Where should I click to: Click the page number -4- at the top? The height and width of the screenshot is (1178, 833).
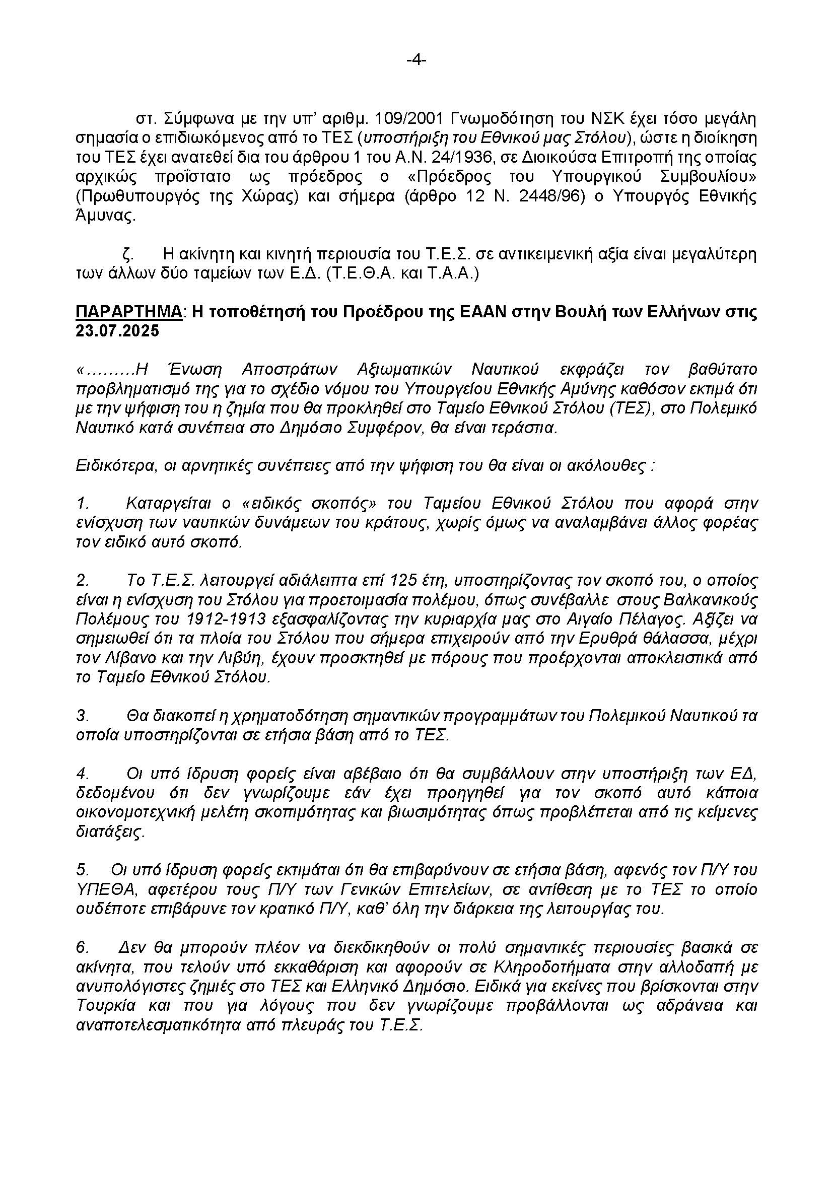pyautogui.click(x=416, y=60)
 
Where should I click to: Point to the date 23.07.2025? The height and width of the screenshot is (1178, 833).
pyautogui.click(x=117, y=331)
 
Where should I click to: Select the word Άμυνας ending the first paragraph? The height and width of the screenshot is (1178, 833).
pyautogui.click(x=106, y=216)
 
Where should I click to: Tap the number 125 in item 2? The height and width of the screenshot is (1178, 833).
pyautogui.click(x=406, y=581)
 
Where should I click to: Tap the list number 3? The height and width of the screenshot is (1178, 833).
pyautogui.click(x=83, y=716)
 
